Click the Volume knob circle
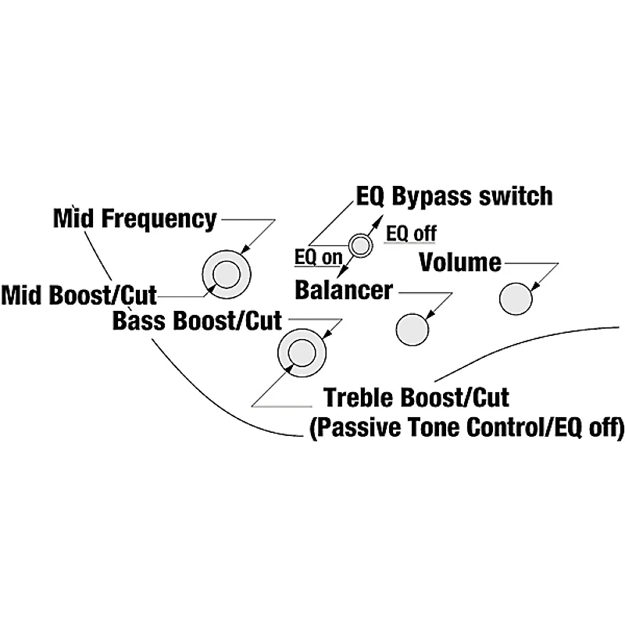point(516,298)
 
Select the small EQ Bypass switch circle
point(360,246)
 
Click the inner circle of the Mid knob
point(226,274)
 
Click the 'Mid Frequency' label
point(134,219)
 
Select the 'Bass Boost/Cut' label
point(197,320)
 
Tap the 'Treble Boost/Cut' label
point(416,398)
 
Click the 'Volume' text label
point(460,261)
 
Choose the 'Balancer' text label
point(344,291)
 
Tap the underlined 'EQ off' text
point(411,233)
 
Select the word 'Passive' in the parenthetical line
point(350,428)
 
